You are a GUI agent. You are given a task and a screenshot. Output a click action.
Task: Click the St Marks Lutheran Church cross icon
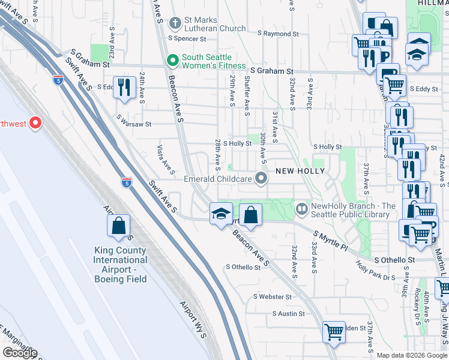(x=175, y=24)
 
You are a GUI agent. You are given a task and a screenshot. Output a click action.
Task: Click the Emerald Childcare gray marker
(x=261, y=178)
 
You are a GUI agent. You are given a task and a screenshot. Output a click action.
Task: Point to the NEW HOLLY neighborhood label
(x=300, y=171)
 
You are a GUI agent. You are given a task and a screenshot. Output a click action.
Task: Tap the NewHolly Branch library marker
(x=302, y=209)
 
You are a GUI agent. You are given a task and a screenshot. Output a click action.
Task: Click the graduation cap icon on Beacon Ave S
(x=220, y=213)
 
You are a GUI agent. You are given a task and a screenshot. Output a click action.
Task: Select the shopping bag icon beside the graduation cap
(x=251, y=215)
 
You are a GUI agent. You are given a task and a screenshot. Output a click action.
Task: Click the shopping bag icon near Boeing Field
(x=119, y=226)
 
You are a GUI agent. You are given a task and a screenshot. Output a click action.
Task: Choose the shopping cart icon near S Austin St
(x=334, y=331)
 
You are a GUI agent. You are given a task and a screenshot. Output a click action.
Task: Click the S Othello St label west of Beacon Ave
(x=243, y=267)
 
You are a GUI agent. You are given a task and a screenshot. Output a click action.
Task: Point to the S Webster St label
(x=272, y=296)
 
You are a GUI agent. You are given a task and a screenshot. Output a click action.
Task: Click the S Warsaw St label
(x=134, y=124)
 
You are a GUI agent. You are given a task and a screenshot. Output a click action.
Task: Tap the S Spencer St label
(x=187, y=38)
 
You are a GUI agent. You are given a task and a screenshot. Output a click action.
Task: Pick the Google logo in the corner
(x=19, y=353)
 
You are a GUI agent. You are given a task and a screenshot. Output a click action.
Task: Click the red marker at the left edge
(x=35, y=124)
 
